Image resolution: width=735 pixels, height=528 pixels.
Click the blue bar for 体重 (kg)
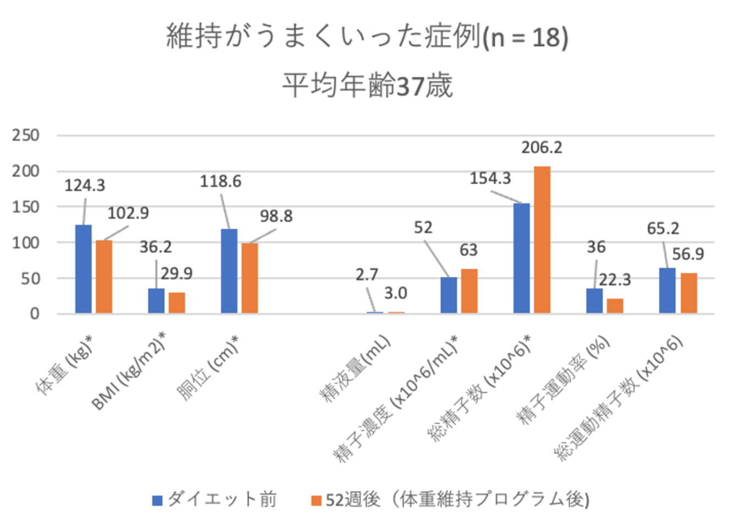84,269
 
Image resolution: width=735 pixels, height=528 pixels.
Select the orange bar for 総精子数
541,240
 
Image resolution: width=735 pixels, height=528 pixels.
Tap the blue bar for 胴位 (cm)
229,271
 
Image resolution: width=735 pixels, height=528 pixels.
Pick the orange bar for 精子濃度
469,291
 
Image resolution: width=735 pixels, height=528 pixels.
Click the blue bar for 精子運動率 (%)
594,301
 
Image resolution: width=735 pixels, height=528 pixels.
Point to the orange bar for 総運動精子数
688,293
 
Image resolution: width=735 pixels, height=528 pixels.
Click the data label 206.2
541,147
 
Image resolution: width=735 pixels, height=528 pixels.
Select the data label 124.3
85,186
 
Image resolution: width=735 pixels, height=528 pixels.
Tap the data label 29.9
176,273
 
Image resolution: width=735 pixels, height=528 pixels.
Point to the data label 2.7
367,274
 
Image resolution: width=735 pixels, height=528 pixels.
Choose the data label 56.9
688,254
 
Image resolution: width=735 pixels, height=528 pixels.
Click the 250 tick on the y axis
26,135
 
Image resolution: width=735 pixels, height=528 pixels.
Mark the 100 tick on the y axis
26,242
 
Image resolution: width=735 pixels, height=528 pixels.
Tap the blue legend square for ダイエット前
158,501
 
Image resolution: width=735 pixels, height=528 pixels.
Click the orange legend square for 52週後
316,501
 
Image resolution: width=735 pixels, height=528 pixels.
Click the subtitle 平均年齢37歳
367,86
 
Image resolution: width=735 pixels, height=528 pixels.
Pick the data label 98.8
276,216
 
